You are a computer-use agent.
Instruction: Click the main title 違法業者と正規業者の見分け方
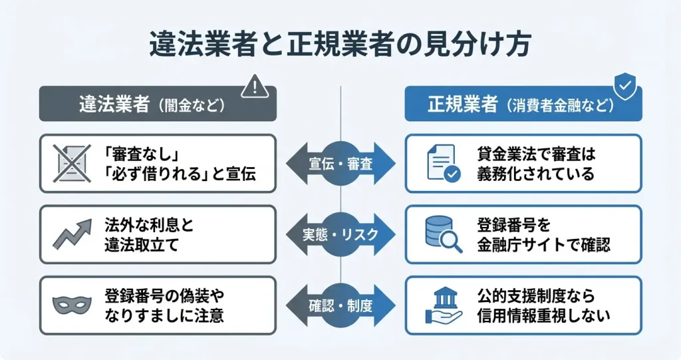[340, 47]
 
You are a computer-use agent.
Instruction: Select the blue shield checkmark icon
[623, 85]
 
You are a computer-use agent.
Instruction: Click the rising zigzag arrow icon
[72, 234]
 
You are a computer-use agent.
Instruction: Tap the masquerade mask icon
[72, 305]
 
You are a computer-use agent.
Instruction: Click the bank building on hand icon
[443, 305]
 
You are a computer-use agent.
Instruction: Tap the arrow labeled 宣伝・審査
[340, 163]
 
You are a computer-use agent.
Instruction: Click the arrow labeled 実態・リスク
[340, 234]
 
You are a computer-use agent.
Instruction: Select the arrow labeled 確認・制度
[340, 305]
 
